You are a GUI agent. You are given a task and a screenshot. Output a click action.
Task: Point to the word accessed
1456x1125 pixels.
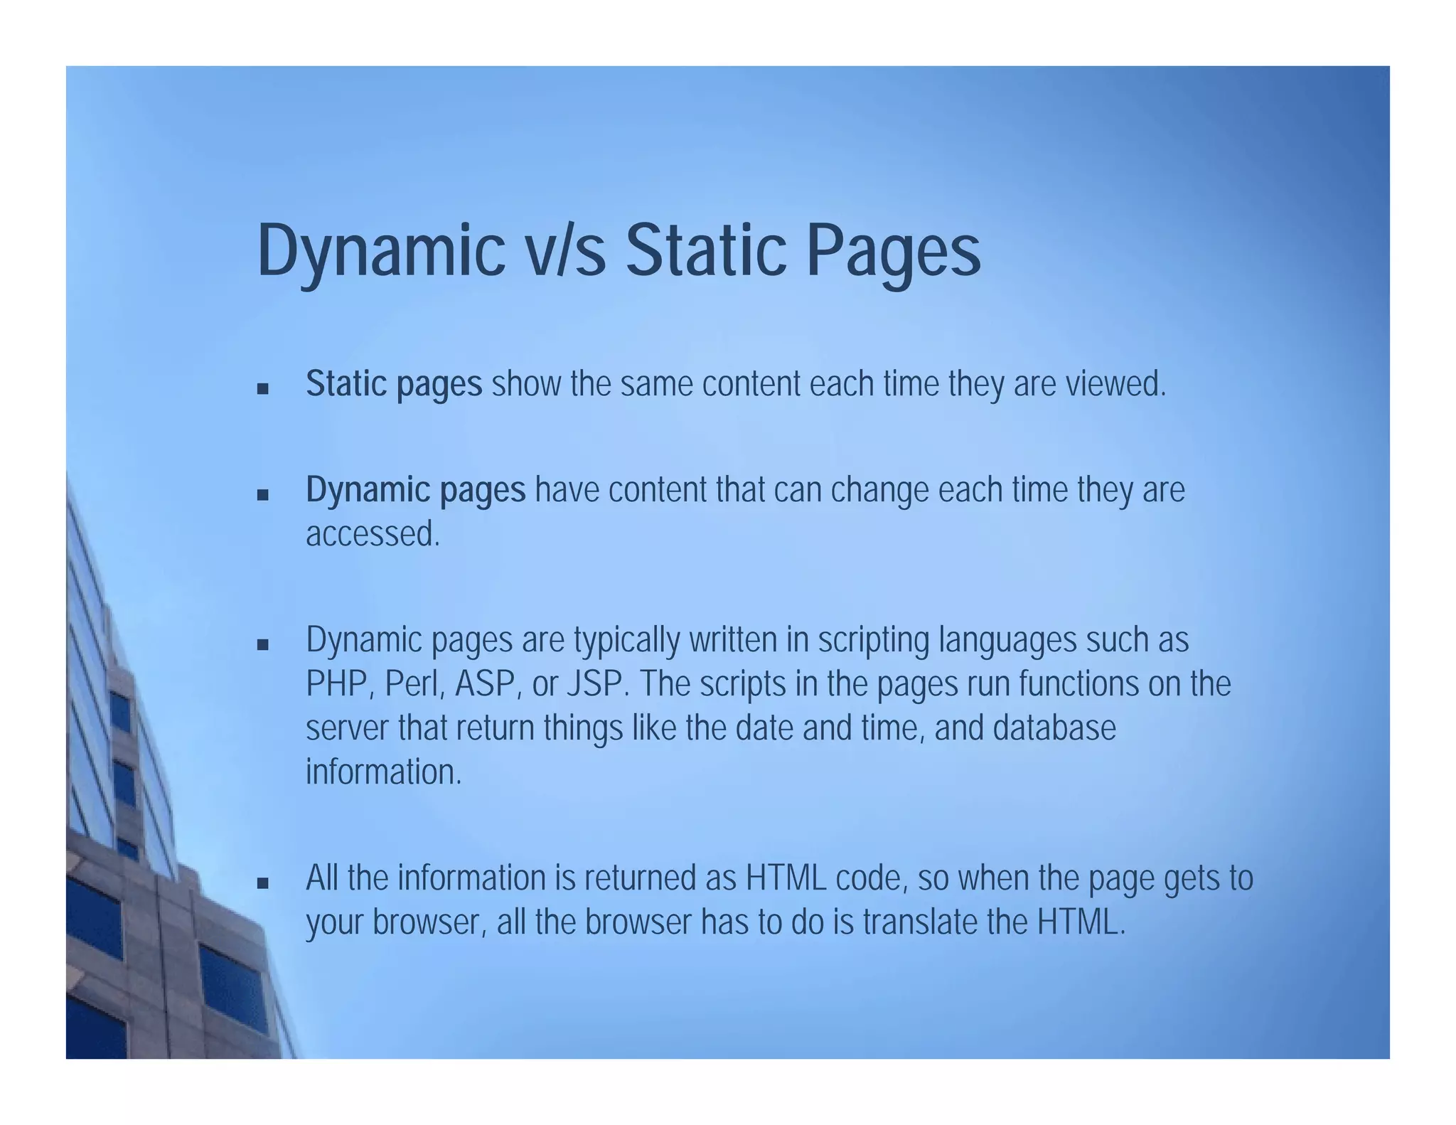click(x=373, y=534)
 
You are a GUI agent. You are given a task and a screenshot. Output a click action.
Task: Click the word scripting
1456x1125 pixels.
click(x=873, y=640)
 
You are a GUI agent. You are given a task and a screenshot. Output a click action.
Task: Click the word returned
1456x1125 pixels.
click(x=640, y=878)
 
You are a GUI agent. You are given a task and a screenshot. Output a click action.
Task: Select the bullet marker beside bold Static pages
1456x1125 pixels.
click(x=263, y=389)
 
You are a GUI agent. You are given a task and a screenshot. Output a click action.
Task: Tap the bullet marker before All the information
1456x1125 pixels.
click(x=263, y=883)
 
